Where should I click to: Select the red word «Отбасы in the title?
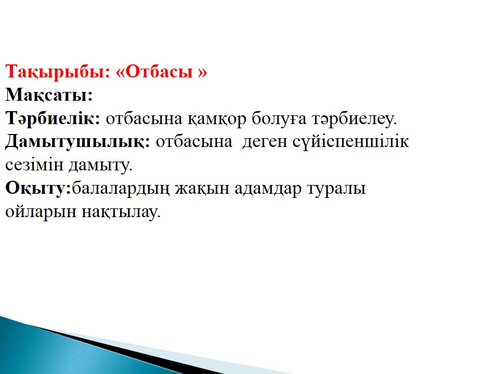point(154,72)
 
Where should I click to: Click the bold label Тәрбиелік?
point(53,118)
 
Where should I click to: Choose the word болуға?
point(279,118)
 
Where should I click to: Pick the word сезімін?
point(34,165)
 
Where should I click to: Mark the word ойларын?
point(41,212)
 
